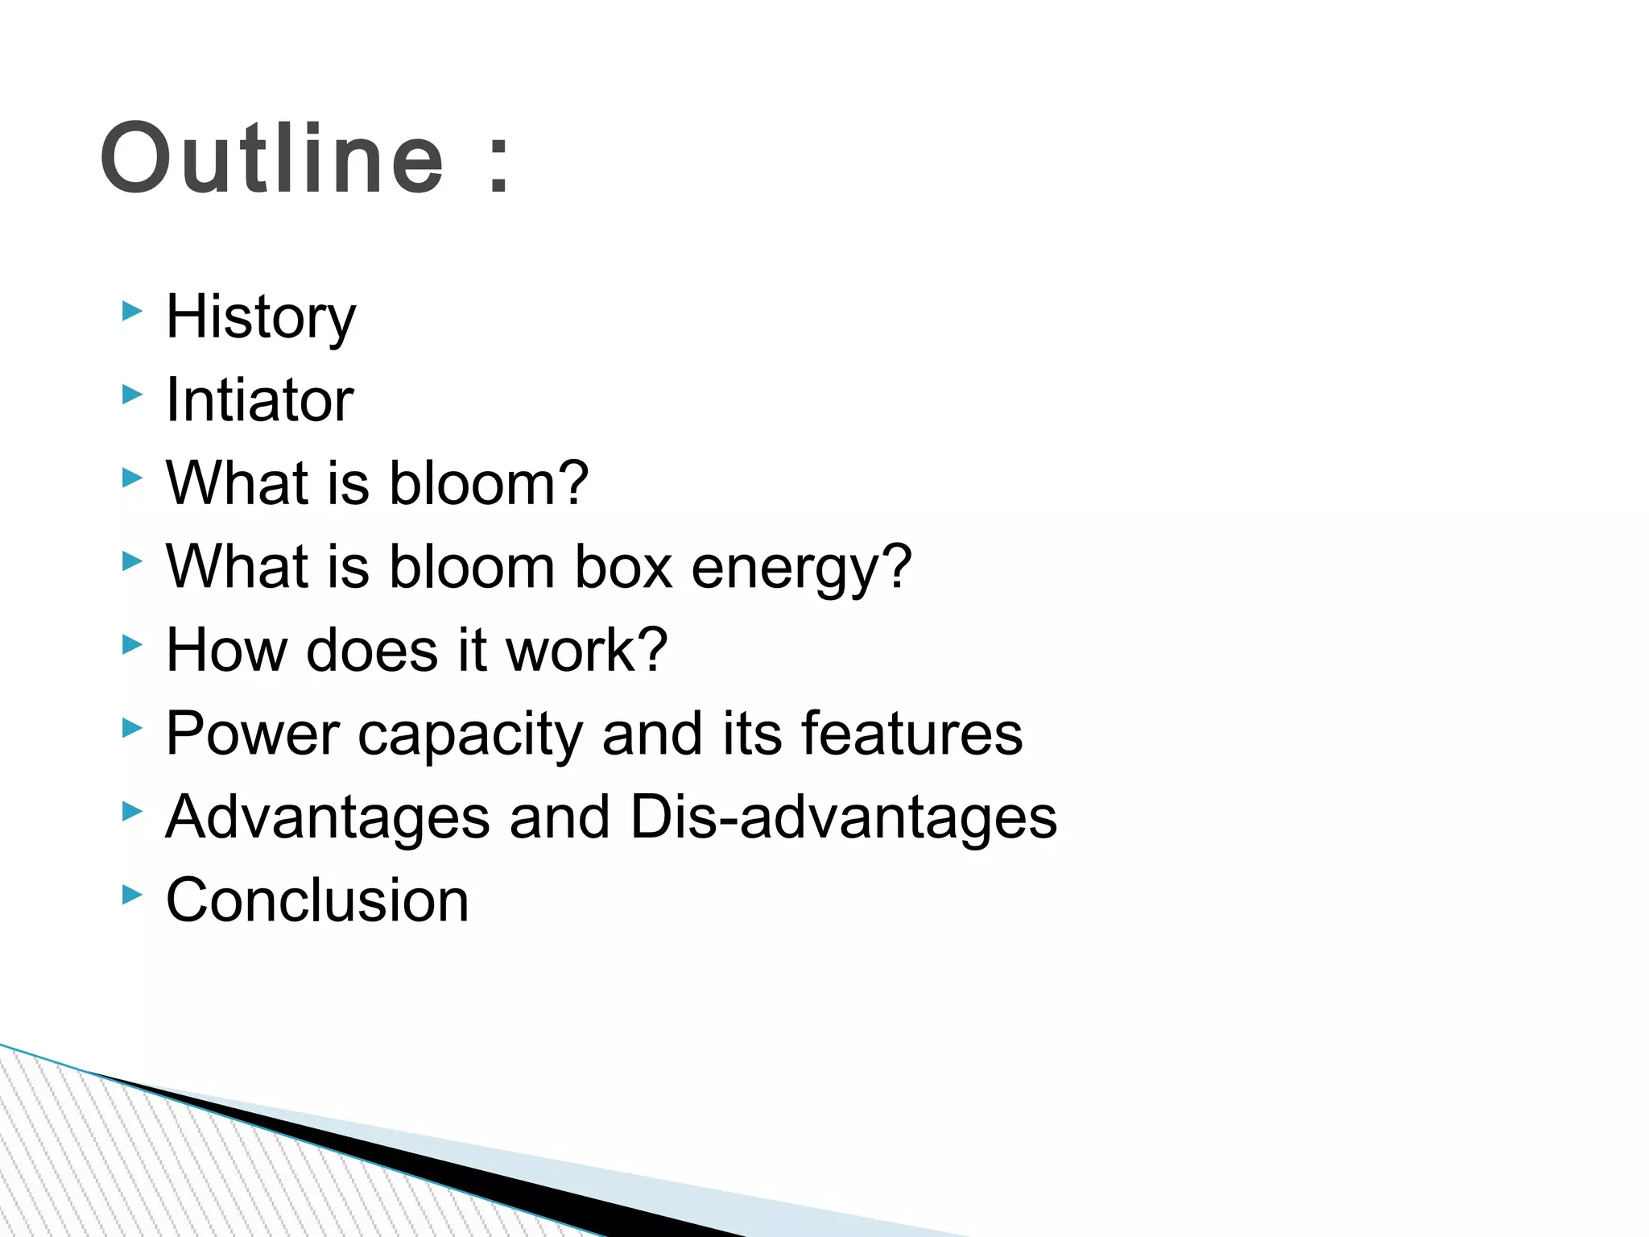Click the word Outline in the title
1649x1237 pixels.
[271, 159]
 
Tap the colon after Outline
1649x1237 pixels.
[499, 165]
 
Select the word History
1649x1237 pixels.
[260, 317]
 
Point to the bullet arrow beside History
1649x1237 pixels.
[131, 311]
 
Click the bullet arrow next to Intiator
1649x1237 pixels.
[131, 394]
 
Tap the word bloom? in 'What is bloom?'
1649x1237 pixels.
[489, 483]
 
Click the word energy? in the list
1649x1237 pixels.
[802, 569]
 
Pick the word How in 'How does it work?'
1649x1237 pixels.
[226, 650]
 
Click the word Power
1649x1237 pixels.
[253, 734]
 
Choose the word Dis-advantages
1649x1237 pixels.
[843, 818]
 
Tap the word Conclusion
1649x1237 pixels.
[317, 900]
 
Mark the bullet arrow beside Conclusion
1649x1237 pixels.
[131, 894]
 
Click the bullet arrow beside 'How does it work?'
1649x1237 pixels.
[131, 644]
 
